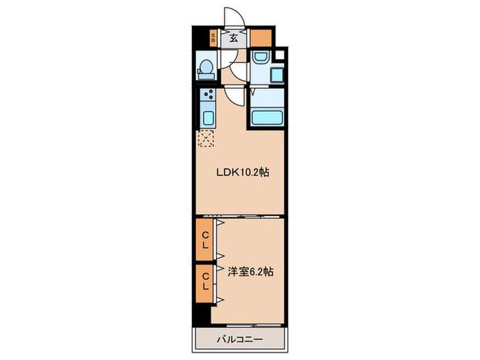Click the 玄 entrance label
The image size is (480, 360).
tap(234, 38)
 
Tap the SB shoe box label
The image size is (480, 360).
tap(213, 38)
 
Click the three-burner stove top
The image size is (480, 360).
tap(208, 95)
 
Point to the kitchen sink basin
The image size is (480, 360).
tap(208, 118)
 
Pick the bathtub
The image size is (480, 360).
tap(267, 117)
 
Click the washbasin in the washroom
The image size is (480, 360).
tap(261, 57)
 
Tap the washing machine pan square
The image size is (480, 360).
tap(277, 75)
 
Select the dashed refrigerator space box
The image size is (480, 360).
tap(206, 139)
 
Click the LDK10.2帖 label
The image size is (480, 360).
tap(243, 172)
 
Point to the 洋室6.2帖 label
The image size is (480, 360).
tap(250, 272)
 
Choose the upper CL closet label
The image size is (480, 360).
tap(206, 240)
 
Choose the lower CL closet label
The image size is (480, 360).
tap(206, 281)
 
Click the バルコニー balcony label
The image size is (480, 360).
tap(240, 339)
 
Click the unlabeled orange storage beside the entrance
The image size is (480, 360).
tap(261, 38)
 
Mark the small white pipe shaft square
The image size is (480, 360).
tap(280, 55)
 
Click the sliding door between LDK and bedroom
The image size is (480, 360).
tap(240, 217)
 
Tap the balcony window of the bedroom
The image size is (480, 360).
tap(254, 325)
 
